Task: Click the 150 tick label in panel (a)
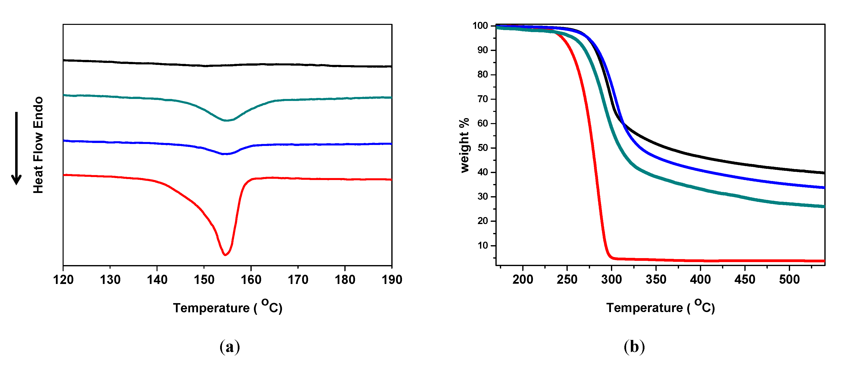[204, 280]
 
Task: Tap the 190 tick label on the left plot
[392, 280]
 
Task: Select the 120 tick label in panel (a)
[63, 280]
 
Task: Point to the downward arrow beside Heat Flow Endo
[16, 149]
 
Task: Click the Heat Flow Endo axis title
[38, 145]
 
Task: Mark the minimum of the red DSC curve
[225, 255]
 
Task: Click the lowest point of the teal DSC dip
[226, 121]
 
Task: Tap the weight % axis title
[465, 145]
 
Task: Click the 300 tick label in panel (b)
[611, 280]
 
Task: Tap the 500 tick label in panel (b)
[789, 280]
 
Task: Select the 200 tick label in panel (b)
[523, 280]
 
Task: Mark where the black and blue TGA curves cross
[623, 123]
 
